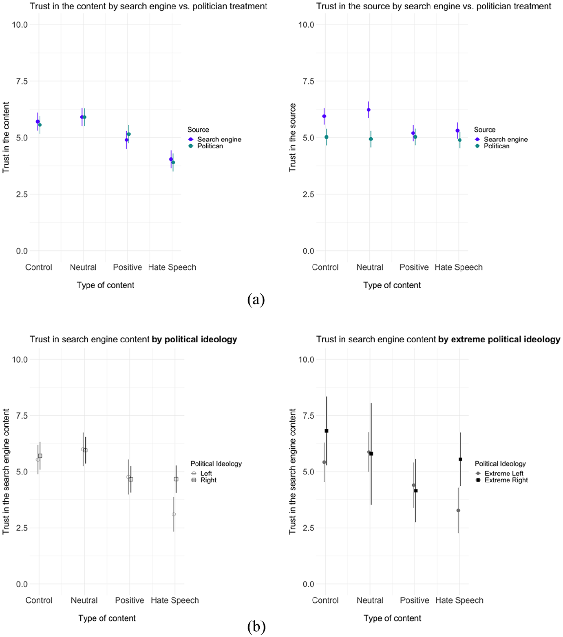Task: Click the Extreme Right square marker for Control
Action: click(327, 431)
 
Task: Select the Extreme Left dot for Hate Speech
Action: click(458, 510)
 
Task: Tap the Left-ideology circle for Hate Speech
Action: click(174, 514)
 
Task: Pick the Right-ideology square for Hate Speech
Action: click(176, 479)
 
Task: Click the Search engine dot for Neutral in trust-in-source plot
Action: click(369, 110)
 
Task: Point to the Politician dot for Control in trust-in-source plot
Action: click(327, 137)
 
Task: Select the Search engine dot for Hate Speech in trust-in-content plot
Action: click(171, 159)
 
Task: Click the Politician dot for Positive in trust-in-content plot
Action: click(129, 134)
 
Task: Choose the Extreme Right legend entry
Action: click(502, 480)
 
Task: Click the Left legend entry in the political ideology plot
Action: click(202, 474)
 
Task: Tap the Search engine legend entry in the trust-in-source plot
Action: click(501, 139)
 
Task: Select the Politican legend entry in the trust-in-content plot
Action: click(206, 146)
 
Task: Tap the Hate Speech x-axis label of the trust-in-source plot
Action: click(459, 267)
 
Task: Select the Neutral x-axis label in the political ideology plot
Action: click(84, 600)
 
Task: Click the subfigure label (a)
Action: click(256, 300)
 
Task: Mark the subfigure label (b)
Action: click(256, 626)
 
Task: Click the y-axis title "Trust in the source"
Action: click(292, 137)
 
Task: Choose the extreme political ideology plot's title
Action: click(438, 339)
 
